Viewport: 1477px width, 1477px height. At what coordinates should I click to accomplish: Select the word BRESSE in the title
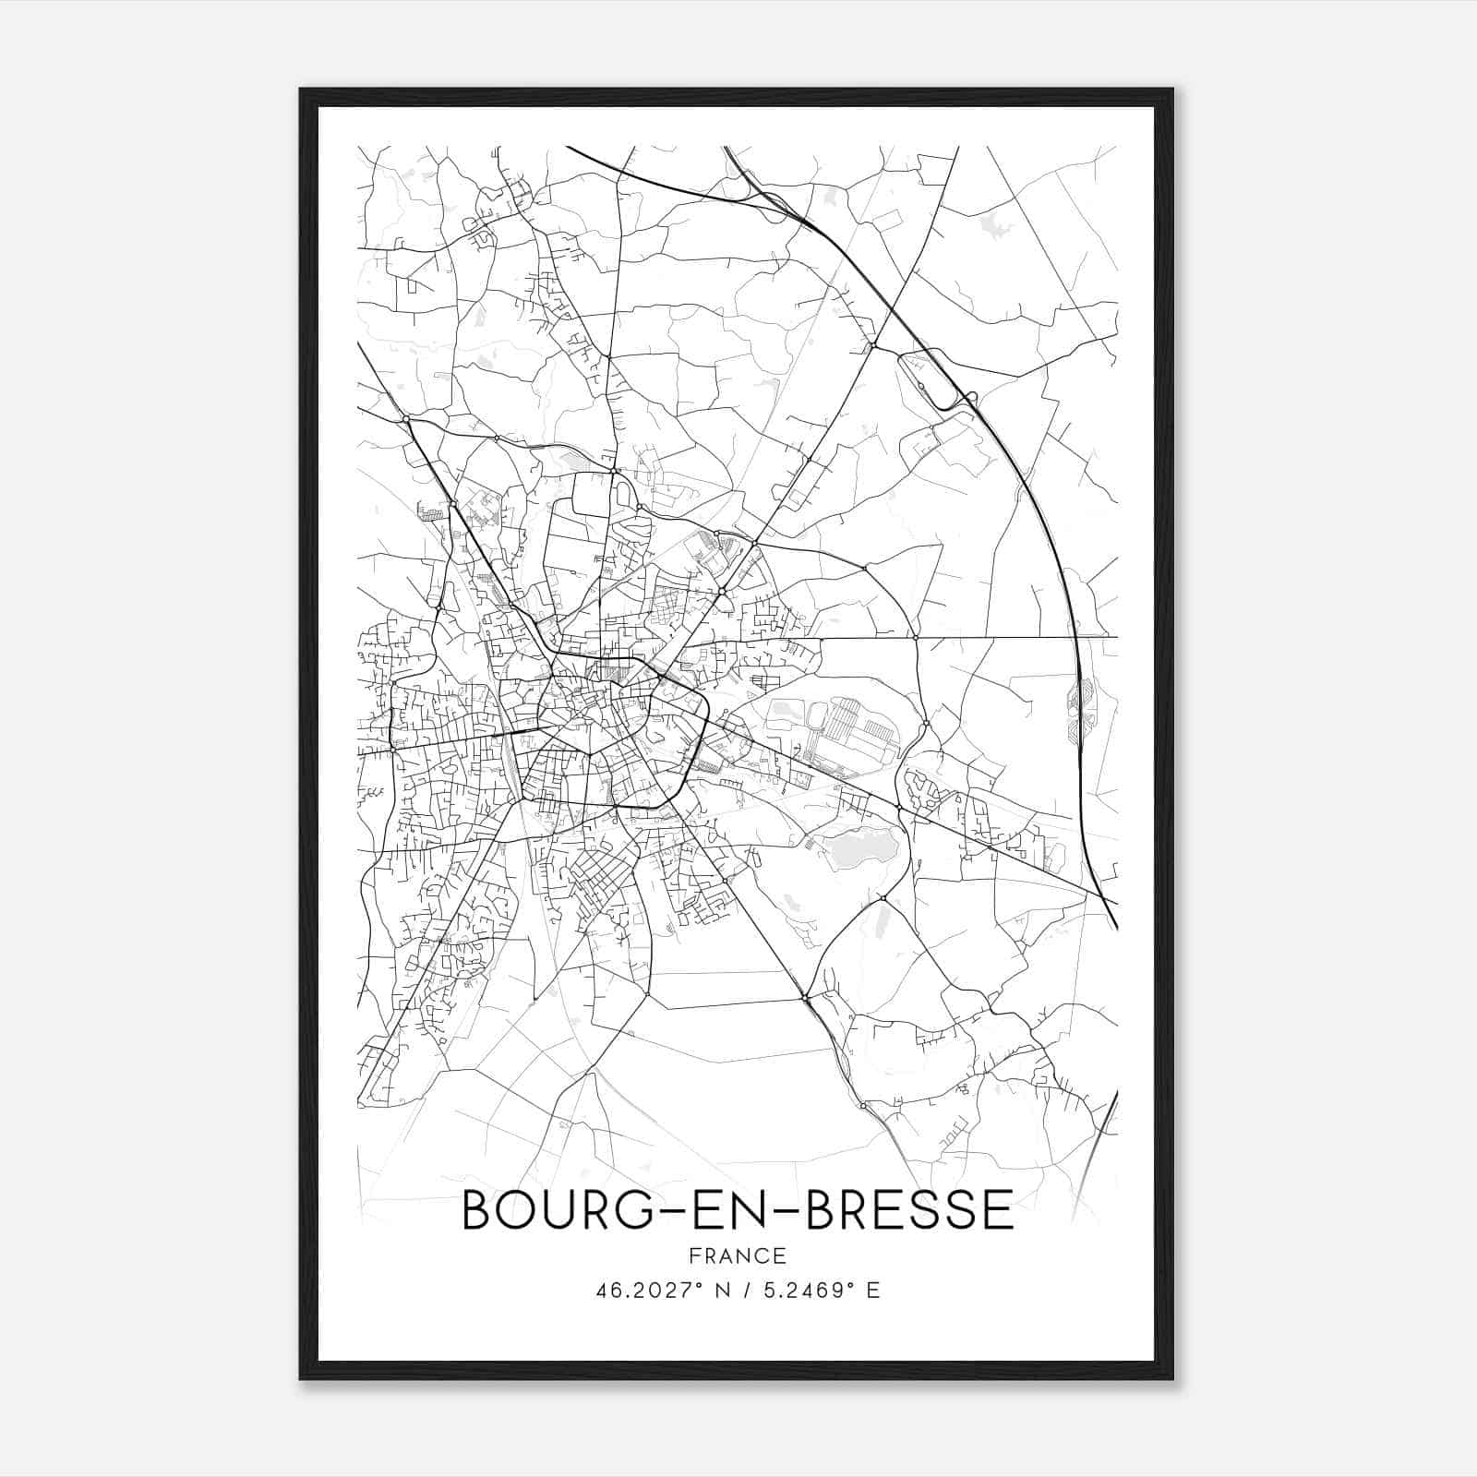click(x=910, y=1210)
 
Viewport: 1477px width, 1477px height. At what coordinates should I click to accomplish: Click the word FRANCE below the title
click(x=738, y=1255)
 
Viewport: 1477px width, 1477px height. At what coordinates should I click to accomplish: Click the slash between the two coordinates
click(x=747, y=1291)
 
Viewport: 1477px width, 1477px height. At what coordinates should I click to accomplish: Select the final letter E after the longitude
click(x=873, y=1291)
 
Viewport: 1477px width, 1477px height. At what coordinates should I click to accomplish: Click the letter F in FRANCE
click(x=694, y=1255)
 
